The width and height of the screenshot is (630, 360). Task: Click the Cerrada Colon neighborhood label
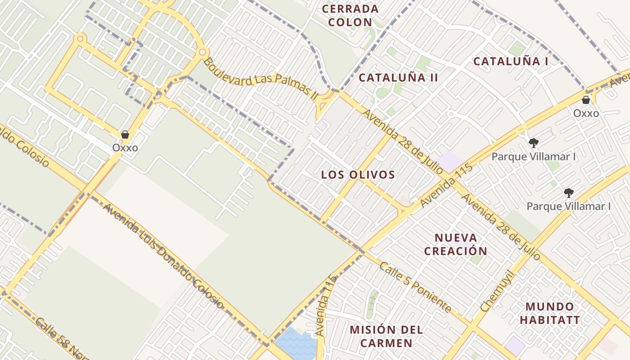click(x=350, y=15)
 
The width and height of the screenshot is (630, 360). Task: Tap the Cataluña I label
click(x=511, y=62)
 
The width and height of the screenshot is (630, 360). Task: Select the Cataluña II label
click(x=398, y=77)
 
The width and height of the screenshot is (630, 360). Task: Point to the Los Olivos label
click(x=358, y=175)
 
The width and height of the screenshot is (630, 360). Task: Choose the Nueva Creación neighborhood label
click(x=455, y=244)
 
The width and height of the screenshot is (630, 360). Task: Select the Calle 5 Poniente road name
click(x=415, y=287)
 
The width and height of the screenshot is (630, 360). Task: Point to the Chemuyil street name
click(x=497, y=291)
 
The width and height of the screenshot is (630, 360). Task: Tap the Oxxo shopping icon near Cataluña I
click(x=586, y=100)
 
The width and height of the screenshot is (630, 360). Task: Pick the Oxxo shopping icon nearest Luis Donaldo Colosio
click(x=125, y=135)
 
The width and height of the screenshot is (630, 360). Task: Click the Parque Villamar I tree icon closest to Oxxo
click(x=534, y=143)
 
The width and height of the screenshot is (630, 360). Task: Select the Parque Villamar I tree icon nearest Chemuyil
click(x=569, y=193)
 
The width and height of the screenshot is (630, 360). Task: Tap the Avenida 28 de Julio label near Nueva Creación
click(x=500, y=227)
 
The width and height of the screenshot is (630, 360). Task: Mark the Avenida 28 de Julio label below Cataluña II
click(x=403, y=141)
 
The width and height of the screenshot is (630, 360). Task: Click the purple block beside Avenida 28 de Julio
click(x=450, y=161)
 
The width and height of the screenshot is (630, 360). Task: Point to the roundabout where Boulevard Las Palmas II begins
click(x=202, y=52)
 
